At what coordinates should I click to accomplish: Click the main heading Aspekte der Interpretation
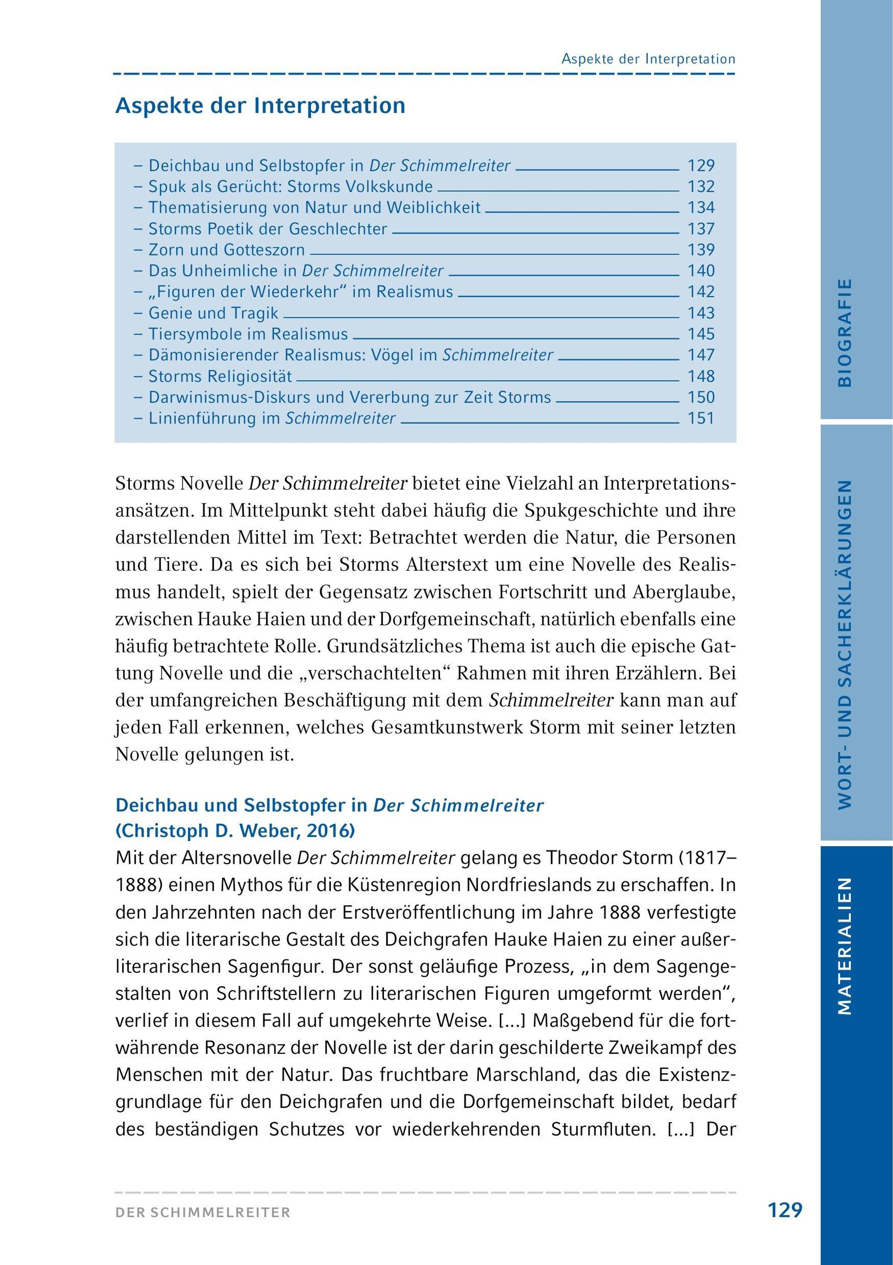point(260,106)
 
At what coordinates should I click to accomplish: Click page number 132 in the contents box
point(701,187)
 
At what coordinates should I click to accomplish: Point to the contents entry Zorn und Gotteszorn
point(227,250)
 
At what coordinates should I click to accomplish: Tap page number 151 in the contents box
point(701,419)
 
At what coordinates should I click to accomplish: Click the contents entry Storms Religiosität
point(220,377)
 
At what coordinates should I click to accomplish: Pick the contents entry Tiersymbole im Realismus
point(248,334)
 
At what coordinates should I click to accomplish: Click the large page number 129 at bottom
point(785,1210)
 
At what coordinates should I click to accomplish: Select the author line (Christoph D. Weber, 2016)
point(235,831)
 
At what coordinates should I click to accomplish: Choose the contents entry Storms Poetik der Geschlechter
point(268,229)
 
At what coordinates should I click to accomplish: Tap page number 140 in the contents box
point(701,271)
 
